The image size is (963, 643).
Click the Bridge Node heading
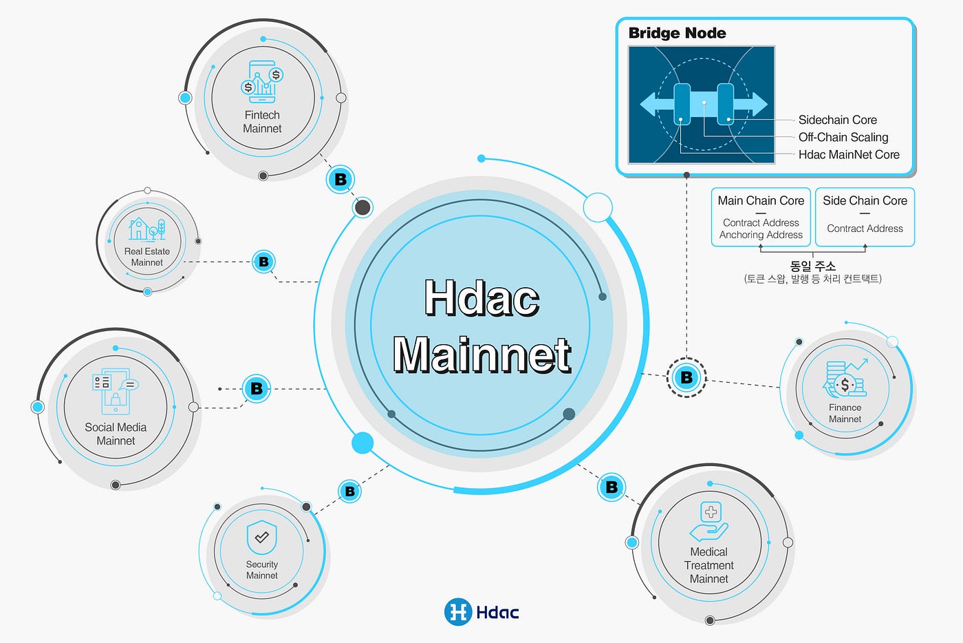677,33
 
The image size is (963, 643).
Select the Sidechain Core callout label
838,120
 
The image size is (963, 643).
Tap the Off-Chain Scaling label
843,137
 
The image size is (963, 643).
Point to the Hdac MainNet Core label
849,154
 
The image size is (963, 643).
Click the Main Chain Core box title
761,200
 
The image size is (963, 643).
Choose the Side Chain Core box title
865,200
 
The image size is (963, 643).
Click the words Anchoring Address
761,235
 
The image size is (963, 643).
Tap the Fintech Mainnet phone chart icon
262,82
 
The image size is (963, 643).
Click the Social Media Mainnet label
116,434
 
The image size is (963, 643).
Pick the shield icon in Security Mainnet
262,537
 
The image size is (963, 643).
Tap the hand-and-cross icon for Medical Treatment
709,521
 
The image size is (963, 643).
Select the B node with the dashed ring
686,377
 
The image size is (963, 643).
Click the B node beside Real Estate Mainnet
263,262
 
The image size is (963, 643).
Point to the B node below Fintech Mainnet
340,180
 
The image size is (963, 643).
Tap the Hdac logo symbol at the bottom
458,611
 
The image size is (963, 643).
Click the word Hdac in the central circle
482,298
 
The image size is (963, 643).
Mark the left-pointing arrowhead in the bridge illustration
649,105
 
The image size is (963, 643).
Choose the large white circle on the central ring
598,207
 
